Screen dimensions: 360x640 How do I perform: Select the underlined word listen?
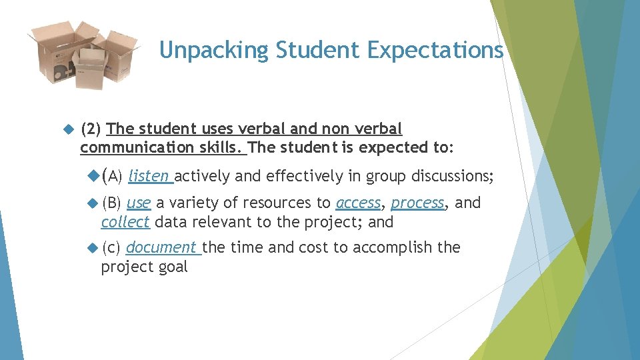pyautogui.click(x=149, y=176)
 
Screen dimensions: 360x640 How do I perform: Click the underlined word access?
pyautogui.click(x=359, y=203)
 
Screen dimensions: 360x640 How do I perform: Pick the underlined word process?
pyautogui.click(x=417, y=203)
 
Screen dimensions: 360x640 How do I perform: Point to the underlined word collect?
pyautogui.click(x=125, y=222)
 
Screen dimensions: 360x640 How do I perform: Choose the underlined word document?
pyautogui.click(x=161, y=247)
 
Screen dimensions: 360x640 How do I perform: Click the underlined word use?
pyautogui.click(x=138, y=203)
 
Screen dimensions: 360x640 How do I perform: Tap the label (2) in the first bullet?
pyautogui.click(x=91, y=128)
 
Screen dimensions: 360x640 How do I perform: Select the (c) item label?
pyautogui.click(x=111, y=247)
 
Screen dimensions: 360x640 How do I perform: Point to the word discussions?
pyautogui.click(x=453, y=176)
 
